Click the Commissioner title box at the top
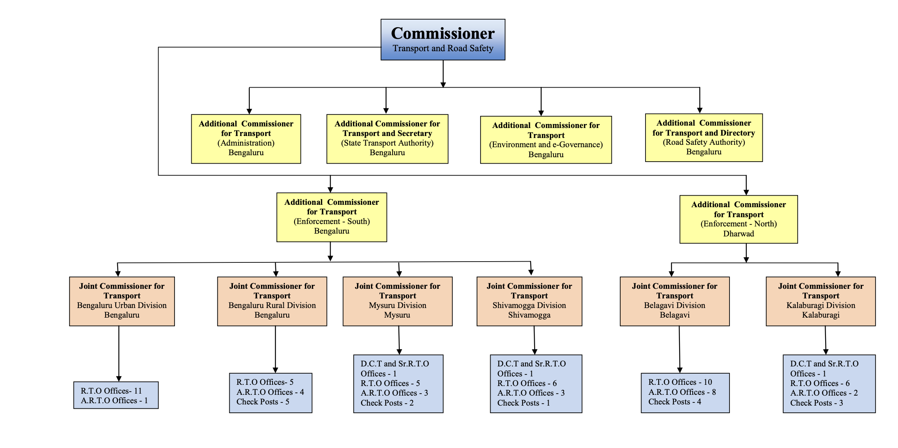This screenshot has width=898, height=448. click(x=443, y=39)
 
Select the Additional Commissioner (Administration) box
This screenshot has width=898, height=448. click(x=246, y=138)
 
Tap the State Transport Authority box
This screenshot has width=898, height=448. click(x=387, y=138)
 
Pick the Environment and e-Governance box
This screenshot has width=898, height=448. click(x=545, y=140)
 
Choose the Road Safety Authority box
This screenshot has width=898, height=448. click(x=704, y=137)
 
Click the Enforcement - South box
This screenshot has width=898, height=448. click(x=331, y=217)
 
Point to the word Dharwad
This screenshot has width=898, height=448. click(x=738, y=234)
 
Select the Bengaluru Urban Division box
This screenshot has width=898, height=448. click(x=122, y=301)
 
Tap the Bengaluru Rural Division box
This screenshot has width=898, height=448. click(x=272, y=301)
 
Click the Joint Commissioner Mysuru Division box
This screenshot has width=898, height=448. click(x=397, y=301)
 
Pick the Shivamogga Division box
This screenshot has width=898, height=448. click(x=529, y=301)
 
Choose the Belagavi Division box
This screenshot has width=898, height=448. click(x=674, y=301)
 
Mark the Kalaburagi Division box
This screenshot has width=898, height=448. click(x=820, y=301)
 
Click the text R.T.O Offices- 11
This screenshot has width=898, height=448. click(x=111, y=391)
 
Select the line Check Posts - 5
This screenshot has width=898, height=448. click(x=263, y=402)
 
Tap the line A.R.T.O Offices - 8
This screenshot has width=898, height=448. click(x=682, y=392)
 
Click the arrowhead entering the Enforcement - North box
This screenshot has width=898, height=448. click(x=746, y=192)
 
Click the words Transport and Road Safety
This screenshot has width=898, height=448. click(x=443, y=48)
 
